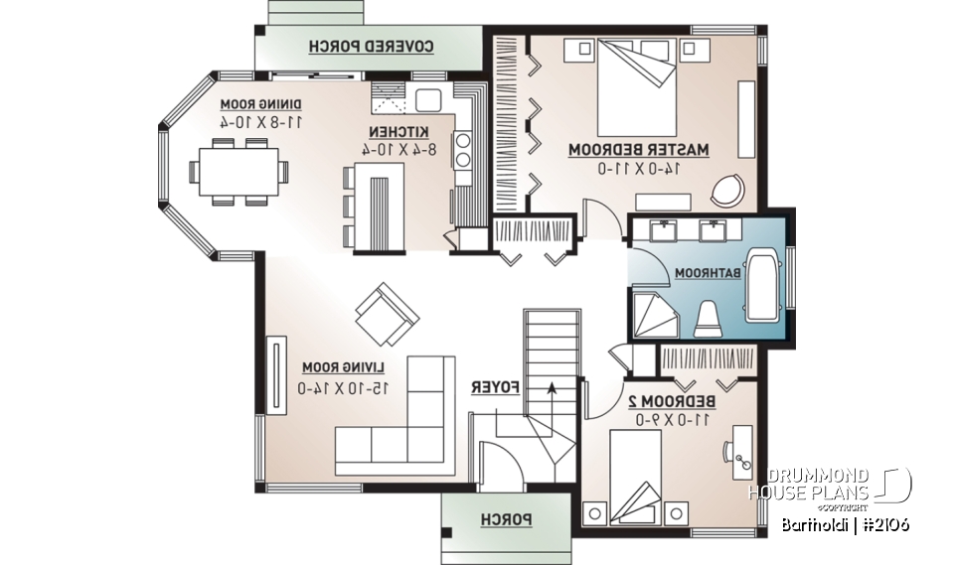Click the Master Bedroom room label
(638, 150)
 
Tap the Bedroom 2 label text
(672, 400)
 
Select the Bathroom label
(708, 272)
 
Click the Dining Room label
(261, 104)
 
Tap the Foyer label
(491, 386)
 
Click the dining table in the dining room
(238, 172)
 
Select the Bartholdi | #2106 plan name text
(844, 524)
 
